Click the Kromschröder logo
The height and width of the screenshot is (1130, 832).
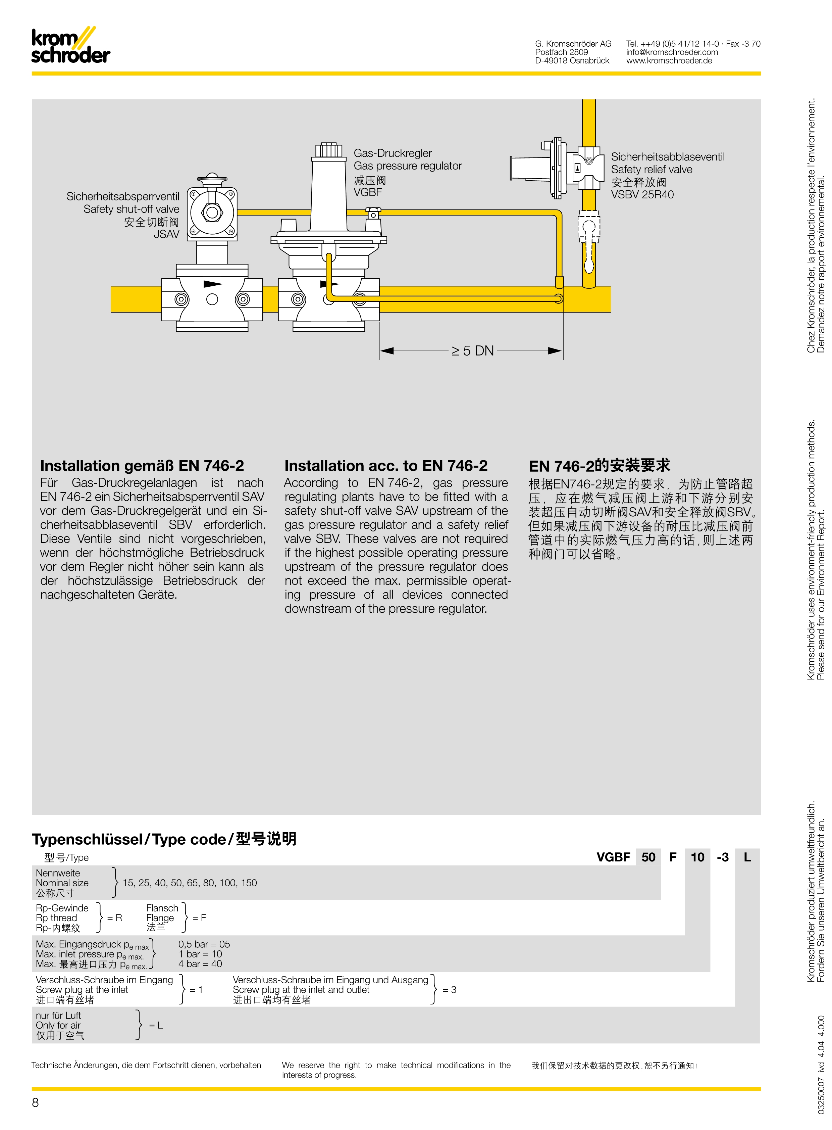pos(70,46)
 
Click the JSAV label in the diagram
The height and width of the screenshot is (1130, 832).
pos(167,234)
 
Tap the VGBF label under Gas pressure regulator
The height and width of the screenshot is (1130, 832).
pos(368,192)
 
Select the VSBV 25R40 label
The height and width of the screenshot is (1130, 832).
pos(642,195)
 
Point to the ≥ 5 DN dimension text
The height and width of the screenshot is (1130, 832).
pos(472,351)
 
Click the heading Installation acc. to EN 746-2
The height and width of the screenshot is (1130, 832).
pos(386,465)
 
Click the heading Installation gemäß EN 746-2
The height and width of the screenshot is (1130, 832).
pos(142,465)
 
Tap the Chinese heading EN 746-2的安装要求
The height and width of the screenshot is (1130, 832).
pos(599,465)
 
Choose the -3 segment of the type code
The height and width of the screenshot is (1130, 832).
pos(722,857)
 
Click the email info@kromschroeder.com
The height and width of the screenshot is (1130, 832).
pos(672,52)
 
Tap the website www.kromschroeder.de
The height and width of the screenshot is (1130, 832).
pos(669,60)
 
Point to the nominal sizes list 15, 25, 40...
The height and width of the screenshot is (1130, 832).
pos(189,883)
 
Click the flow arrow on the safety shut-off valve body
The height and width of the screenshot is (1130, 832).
pos(213,284)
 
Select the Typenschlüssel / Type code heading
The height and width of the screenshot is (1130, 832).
pos(164,839)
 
